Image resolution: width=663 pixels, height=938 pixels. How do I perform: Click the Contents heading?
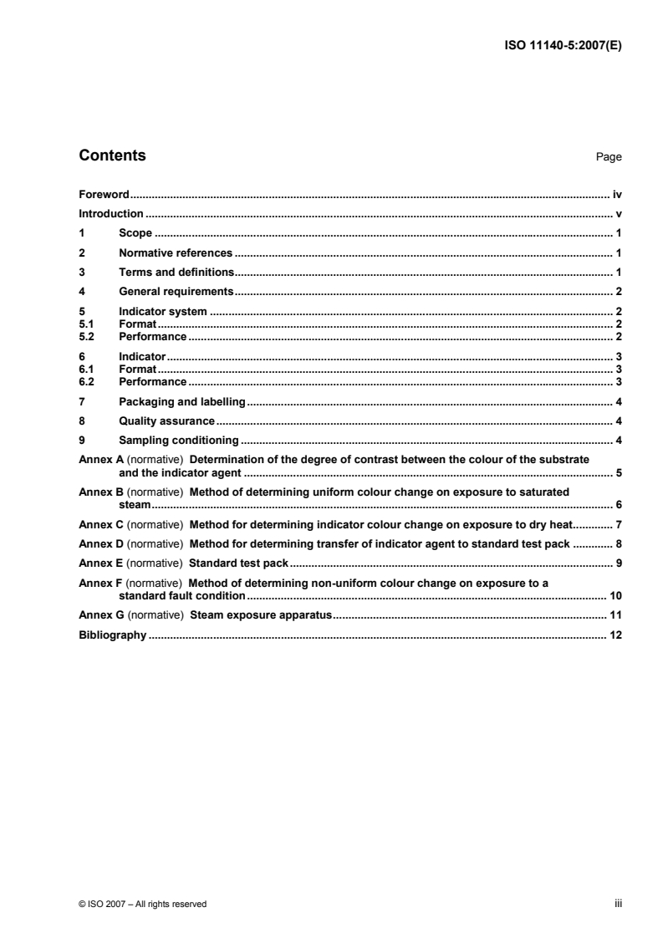(112, 155)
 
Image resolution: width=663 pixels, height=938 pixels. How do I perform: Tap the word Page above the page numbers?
(609, 157)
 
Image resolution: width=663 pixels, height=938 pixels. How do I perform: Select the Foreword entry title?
(103, 194)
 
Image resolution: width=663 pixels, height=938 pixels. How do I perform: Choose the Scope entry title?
(135, 233)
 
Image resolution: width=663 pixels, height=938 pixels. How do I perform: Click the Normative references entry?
(176, 252)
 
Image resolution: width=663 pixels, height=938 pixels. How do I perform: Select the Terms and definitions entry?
(176, 272)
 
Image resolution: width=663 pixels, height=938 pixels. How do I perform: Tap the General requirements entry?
(176, 292)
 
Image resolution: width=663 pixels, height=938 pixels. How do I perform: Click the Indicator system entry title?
(163, 312)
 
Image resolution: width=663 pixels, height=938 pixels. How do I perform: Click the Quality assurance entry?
(167, 421)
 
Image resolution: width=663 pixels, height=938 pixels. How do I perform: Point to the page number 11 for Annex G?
(615, 615)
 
